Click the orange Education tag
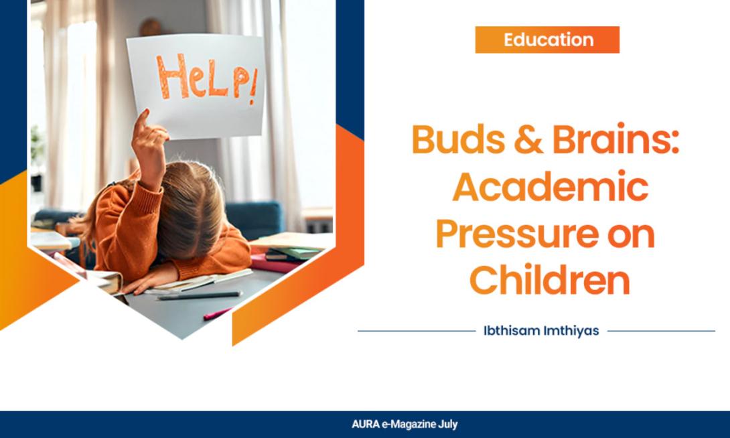pos(547,40)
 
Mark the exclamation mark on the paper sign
pos(252,88)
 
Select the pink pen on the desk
pos(217,313)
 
